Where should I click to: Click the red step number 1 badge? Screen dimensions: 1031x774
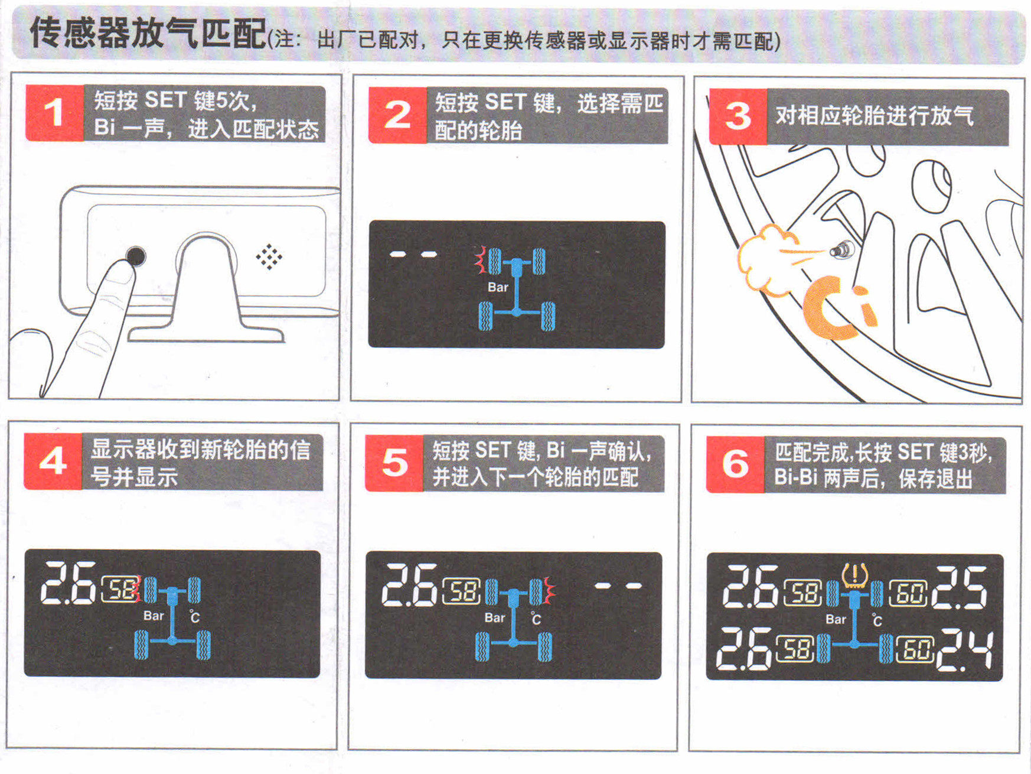pyautogui.click(x=54, y=113)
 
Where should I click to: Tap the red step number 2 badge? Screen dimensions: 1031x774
pyautogui.click(x=397, y=115)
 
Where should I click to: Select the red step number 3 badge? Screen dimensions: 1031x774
pyautogui.click(x=738, y=117)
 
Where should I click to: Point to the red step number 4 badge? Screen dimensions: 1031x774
pyautogui.click(x=53, y=461)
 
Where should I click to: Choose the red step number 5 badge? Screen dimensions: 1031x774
pyautogui.click(x=394, y=463)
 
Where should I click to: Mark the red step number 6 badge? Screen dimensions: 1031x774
pyautogui.click(x=735, y=465)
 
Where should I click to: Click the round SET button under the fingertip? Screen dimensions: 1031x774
pyautogui.click(x=136, y=256)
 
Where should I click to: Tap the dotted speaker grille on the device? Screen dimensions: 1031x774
pyautogui.click(x=269, y=257)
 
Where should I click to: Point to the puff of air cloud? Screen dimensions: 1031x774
pyautogui.click(x=766, y=259)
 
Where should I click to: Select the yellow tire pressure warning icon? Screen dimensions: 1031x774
pyautogui.click(x=854, y=575)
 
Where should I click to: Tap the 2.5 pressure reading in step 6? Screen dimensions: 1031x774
pyautogui.click(x=959, y=587)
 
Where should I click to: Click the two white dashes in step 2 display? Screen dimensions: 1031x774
pyautogui.click(x=413, y=255)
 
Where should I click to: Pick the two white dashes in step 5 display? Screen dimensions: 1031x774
pyautogui.click(x=618, y=586)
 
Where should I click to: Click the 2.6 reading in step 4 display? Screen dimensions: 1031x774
pyautogui.click(x=68, y=583)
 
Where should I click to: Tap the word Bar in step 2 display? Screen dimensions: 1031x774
pyautogui.click(x=498, y=287)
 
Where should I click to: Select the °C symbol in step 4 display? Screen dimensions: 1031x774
pyautogui.click(x=195, y=617)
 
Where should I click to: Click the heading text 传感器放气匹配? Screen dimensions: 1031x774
pyautogui.click(x=148, y=32)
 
